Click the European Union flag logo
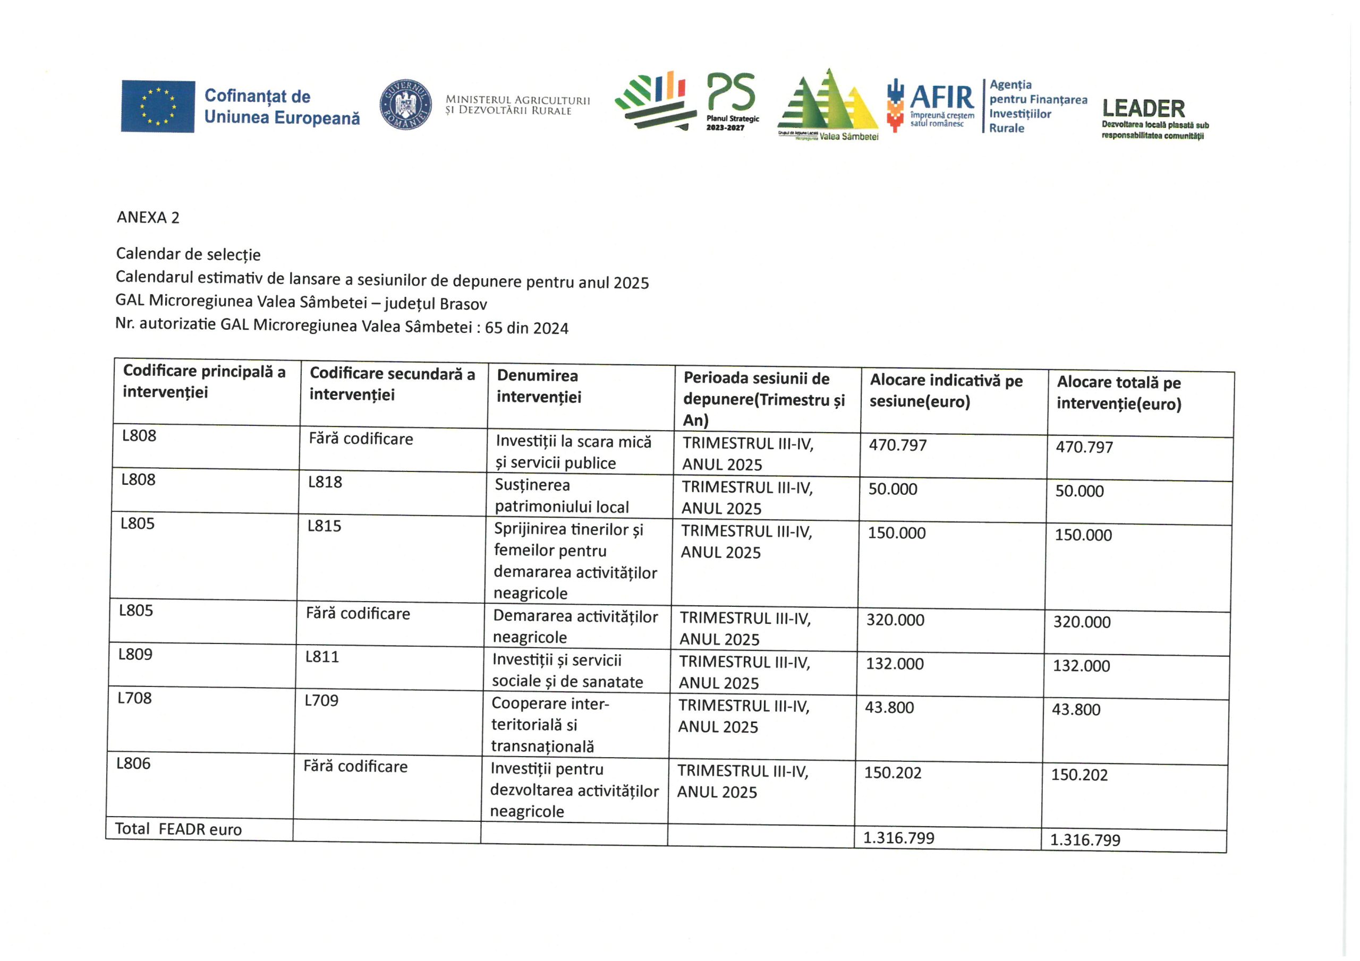(158, 106)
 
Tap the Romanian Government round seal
(405, 105)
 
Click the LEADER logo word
(1143, 109)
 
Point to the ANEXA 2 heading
(148, 217)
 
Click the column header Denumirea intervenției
(539, 386)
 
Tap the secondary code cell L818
(325, 482)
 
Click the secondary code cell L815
(324, 526)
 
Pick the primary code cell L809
(135, 654)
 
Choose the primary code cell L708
(134, 698)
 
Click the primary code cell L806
(133, 763)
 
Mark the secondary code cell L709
(321, 700)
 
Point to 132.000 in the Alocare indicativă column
(895, 664)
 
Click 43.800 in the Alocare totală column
(1076, 709)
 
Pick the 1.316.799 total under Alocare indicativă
(898, 838)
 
